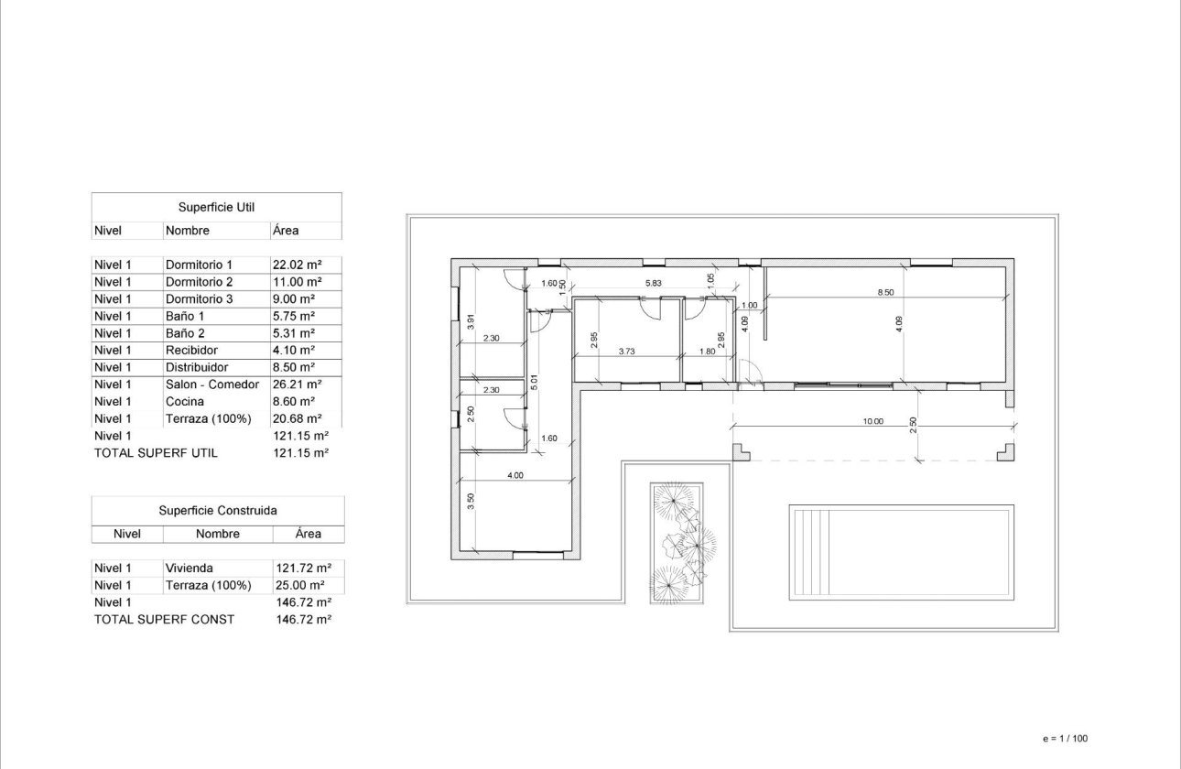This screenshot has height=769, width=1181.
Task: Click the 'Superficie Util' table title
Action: (217, 208)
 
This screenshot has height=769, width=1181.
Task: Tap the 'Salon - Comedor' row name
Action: (211, 384)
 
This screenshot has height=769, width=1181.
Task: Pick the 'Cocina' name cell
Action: (185, 401)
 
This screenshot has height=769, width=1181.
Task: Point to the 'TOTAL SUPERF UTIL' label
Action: (156, 452)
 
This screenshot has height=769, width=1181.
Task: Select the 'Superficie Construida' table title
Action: (218, 511)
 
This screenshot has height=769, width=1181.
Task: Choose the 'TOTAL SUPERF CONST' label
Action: (164, 619)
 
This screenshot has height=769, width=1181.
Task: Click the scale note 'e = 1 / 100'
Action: (1066, 738)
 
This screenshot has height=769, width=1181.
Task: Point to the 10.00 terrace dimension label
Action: (872, 422)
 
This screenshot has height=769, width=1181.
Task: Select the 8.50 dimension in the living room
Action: (884, 292)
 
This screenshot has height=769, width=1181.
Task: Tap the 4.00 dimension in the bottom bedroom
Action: (515, 475)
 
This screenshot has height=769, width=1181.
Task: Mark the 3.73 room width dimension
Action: (626, 351)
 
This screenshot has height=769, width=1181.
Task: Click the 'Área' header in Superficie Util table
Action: (286, 231)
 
